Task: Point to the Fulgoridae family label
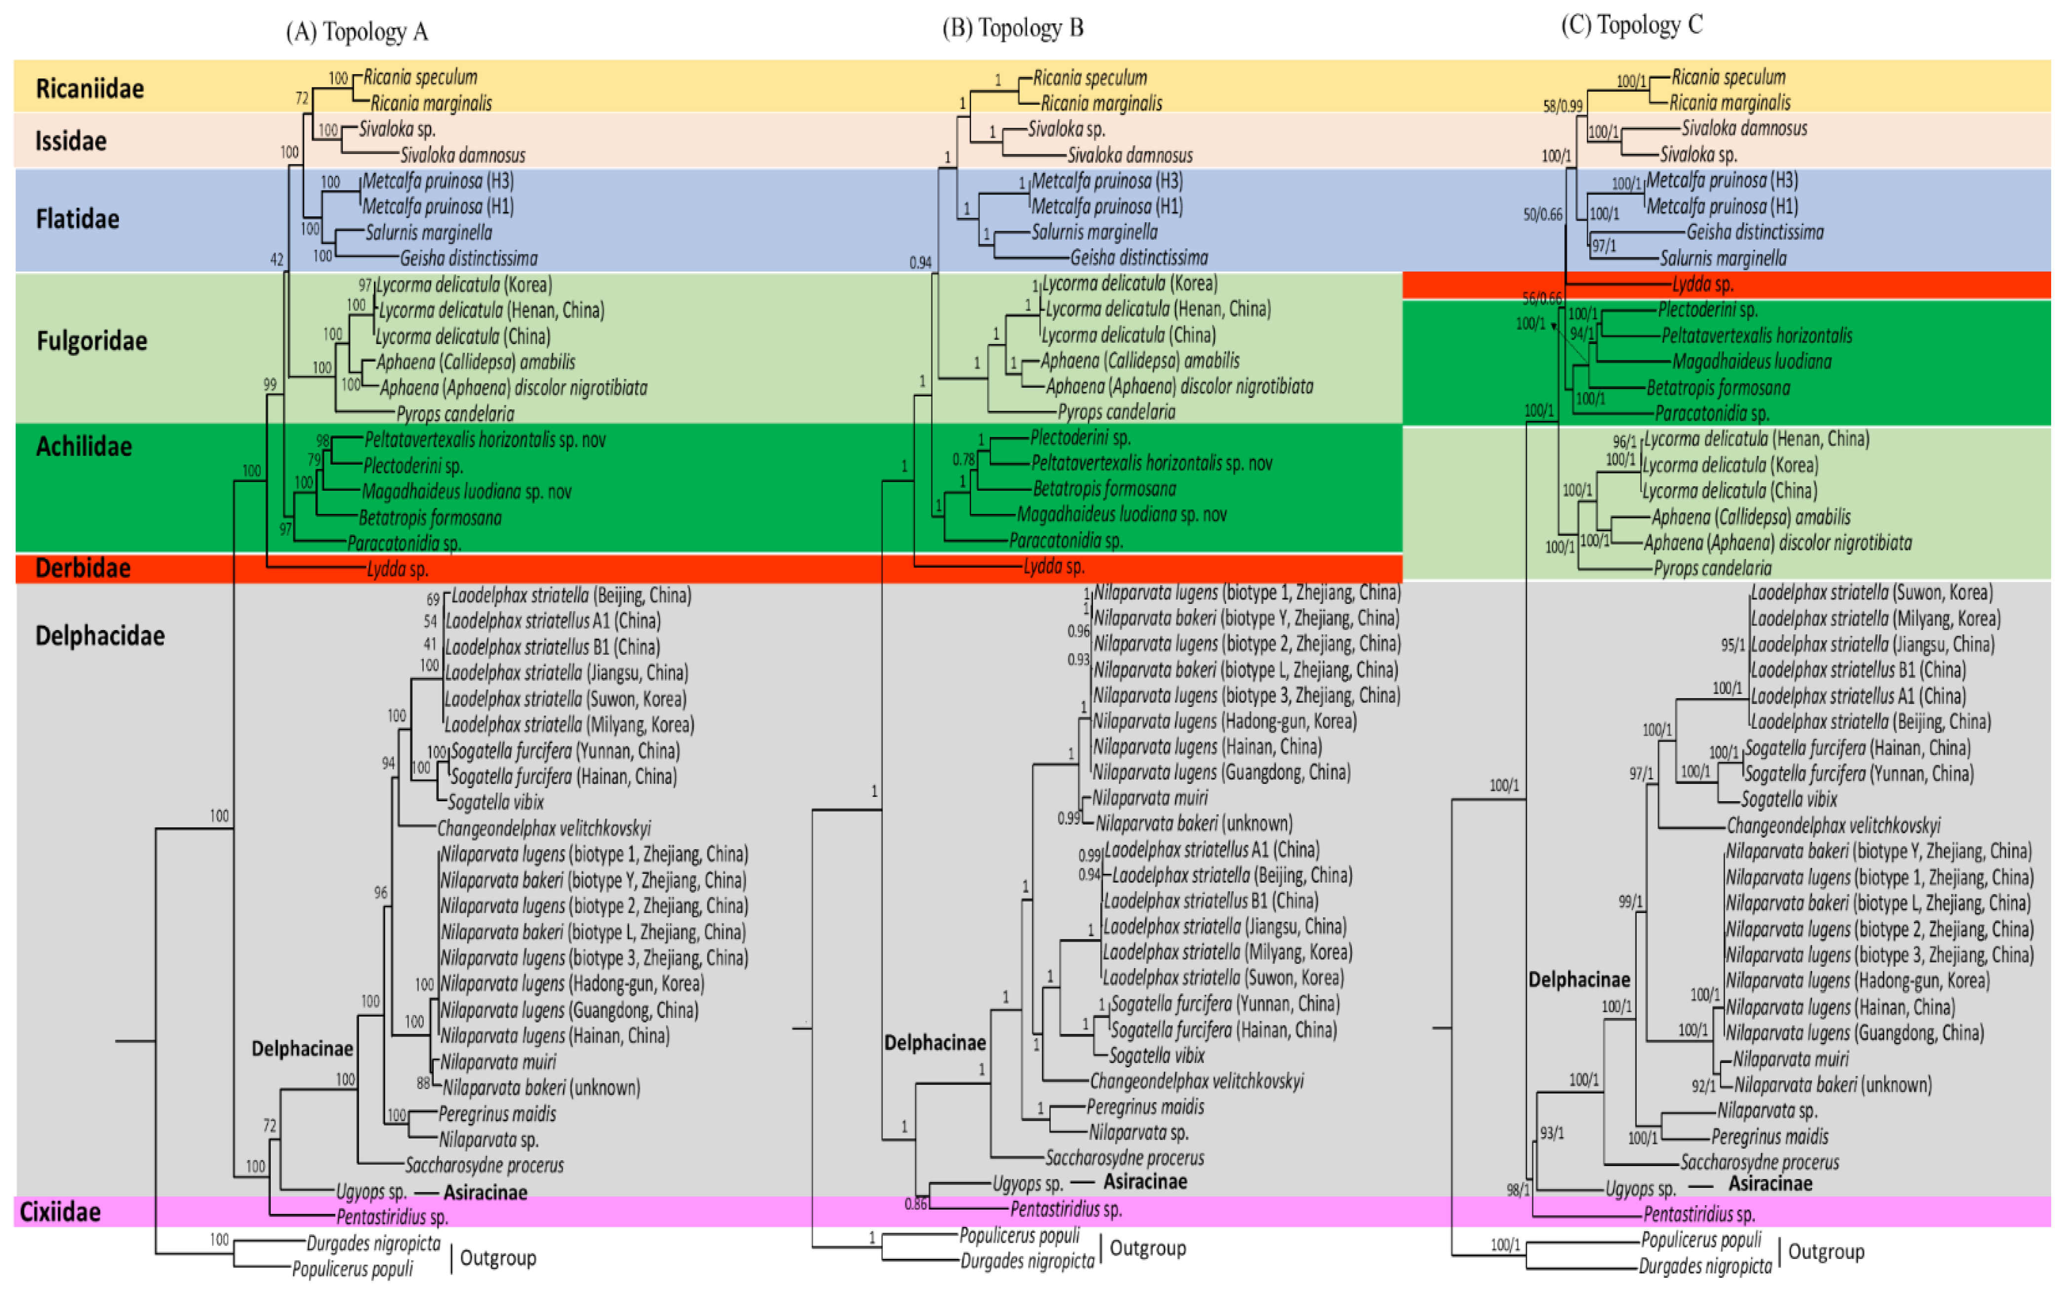(91, 341)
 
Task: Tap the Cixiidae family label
(60, 1212)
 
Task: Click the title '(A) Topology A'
(357, 32)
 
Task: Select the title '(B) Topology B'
(1012, 28)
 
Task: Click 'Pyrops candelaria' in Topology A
(455, 414)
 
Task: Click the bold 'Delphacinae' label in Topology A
(301, 1049)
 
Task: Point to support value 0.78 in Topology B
(963, 460)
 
